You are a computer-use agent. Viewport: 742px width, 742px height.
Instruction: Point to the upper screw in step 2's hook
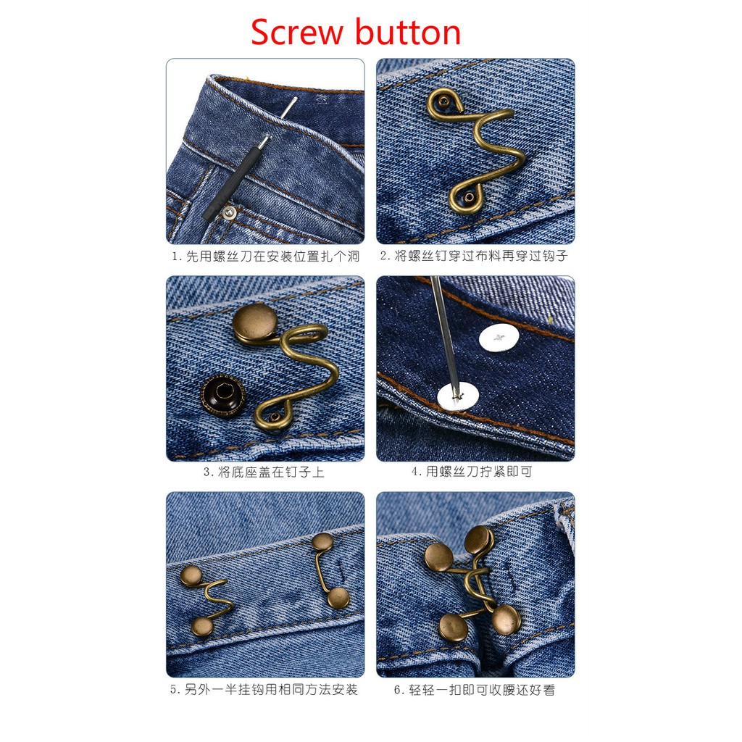point(443,101)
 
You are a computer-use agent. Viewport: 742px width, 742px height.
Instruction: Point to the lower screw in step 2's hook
point(469,197)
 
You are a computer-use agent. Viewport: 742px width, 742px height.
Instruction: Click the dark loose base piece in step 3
point(223,396)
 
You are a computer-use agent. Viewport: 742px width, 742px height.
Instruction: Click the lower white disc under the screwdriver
point(458,396)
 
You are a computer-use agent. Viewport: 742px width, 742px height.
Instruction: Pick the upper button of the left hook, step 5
point(191,576)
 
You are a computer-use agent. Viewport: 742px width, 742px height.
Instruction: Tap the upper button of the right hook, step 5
point(323,541)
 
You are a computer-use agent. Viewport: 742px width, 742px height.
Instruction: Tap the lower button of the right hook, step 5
point(339,598)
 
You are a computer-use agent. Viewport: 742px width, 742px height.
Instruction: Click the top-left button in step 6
point(439,556)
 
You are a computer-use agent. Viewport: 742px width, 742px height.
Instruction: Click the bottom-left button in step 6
point(454,626)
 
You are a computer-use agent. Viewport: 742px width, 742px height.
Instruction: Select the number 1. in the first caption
point(177,257)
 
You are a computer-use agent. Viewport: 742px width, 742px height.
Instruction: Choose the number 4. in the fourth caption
point(417,472)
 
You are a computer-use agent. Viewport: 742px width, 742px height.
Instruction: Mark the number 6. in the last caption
point(400,690)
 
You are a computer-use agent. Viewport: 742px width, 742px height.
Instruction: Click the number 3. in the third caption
point(209,472)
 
